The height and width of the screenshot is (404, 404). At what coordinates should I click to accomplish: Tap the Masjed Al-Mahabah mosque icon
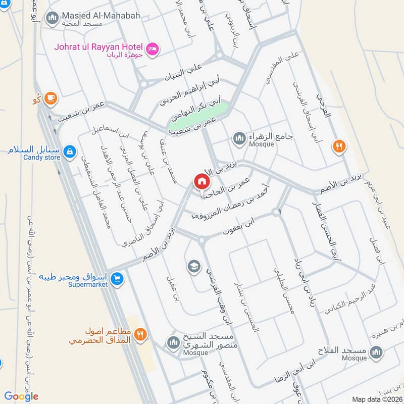click(x=52, y=19)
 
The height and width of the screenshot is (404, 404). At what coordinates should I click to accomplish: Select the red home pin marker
click(x=201, y=181)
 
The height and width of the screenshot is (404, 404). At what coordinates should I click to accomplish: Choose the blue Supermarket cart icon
click(x=117, y=278)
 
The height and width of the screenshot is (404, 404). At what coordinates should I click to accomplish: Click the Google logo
click(x=21, y=396)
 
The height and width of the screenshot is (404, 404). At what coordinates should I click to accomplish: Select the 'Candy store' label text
click(x=41, y=158)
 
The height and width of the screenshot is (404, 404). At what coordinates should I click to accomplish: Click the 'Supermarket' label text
click(x=89, y=285)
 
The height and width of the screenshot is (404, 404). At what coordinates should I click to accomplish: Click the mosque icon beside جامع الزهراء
click(x=239, y=137)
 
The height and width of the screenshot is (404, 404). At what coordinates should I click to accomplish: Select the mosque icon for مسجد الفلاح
click(x=376, y=351)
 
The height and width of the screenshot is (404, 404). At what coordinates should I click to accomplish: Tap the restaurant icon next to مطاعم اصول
click(x=140, y=334)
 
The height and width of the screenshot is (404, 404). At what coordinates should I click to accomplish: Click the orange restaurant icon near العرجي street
click(x=339, y=146)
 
